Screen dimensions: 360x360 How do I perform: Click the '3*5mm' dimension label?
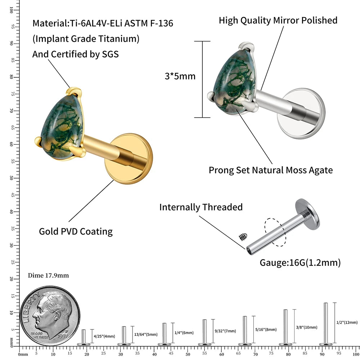(x=180, y=76)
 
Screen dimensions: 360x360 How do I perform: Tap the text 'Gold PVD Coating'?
(x=76, y=231)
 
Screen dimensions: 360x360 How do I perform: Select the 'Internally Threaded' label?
(x=201, y=207)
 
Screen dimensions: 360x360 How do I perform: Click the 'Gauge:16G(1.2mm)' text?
(x=300, y=263)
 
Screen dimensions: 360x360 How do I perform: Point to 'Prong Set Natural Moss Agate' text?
(x=271, y=170)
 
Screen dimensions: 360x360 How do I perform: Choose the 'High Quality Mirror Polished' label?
(x=278, y=20)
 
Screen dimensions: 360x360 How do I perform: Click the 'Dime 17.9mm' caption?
(x=48, y=276)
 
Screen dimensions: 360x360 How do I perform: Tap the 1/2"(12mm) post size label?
(x=347, y=322)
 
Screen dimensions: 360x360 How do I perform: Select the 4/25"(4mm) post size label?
(x=104, y=336)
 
